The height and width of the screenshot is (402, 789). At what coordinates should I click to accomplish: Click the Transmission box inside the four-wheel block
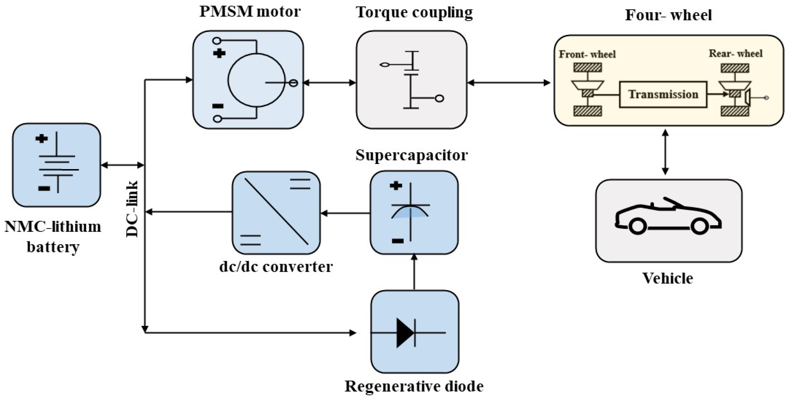(x=663, y=94)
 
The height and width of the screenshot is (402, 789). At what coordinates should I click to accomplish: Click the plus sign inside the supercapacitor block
(x=396, y=185)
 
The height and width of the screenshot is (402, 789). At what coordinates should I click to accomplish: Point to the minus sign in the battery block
(x=44, y=188)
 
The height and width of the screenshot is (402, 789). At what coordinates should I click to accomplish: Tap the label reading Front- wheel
(x=587, y=55)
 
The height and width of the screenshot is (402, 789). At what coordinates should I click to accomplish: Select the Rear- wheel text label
(x=735, y=54)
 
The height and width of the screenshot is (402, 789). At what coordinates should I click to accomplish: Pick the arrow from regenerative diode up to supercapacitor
(x=414, y=272)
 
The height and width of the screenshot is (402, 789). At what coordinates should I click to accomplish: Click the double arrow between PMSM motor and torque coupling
(x=329, y=83)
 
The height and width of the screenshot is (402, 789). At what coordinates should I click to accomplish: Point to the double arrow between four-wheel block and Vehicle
(x=665, y=152)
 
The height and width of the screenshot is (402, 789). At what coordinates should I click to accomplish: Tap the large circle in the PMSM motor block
(x=257, y=80)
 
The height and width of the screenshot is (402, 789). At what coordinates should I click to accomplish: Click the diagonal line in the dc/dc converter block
(x=276, y=212)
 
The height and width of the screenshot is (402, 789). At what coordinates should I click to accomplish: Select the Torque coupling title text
(x=414, y=13)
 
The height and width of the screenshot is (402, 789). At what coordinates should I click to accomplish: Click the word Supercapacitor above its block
(x=411, y=155)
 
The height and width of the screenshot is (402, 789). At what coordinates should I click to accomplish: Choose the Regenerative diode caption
(x=414, y=386)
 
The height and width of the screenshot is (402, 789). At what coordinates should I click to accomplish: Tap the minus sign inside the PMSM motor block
(x=218, y=106)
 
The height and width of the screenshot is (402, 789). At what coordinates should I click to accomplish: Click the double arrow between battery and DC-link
(x=122, y=166)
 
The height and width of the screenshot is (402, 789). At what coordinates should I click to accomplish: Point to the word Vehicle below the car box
(x=668, y=279)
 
